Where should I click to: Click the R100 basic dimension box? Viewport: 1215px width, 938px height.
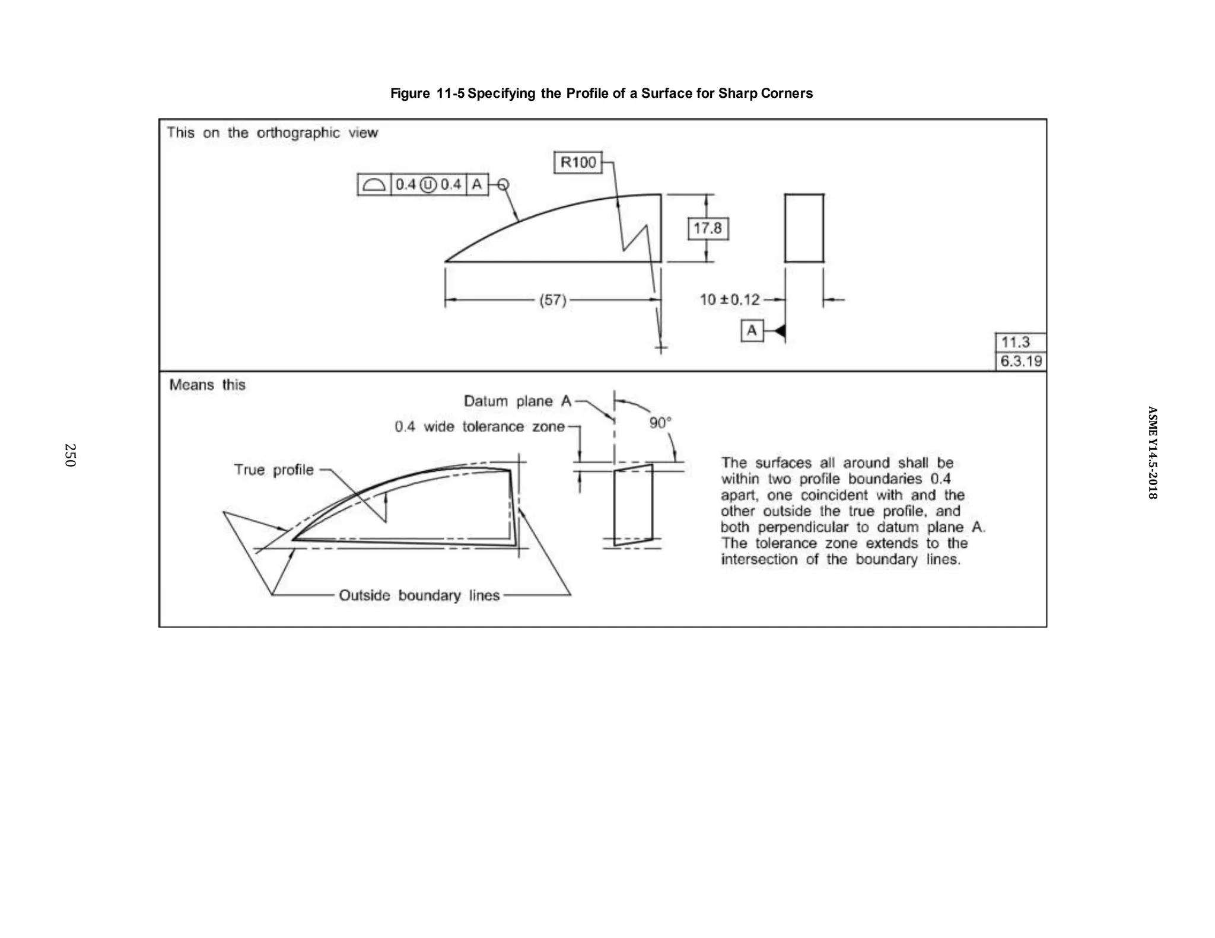click(578, 162)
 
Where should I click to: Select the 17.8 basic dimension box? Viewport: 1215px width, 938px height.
click(708, 228)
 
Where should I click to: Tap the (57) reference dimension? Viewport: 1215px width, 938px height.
click(552, 300)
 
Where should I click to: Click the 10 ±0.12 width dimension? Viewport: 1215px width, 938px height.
click(730, 299)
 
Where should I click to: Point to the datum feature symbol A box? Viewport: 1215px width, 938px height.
click(752, 330)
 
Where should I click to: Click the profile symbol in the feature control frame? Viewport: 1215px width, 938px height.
click(374, 185)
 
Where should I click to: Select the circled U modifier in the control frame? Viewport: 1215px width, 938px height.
click(428, 185)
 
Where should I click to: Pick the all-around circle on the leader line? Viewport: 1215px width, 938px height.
click(502, 185)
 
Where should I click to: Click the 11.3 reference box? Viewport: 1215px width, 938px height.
click(1020, 342)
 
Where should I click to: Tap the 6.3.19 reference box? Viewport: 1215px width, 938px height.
click(1020, 361)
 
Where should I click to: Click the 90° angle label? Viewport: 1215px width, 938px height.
click(660, 423)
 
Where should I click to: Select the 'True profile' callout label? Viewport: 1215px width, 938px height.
click(273, 470)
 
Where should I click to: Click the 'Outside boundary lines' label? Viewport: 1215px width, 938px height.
click(419, 595)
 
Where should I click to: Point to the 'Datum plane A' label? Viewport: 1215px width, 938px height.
click(517, 401)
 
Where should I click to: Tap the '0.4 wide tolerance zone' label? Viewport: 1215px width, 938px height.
click(479, 427)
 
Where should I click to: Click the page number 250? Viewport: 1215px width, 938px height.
click(70, 455)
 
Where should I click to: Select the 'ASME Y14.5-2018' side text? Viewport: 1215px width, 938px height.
click(1152, 452)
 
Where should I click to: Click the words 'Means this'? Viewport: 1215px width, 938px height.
click(207, 385)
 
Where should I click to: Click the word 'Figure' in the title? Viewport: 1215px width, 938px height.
click(410, 93)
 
